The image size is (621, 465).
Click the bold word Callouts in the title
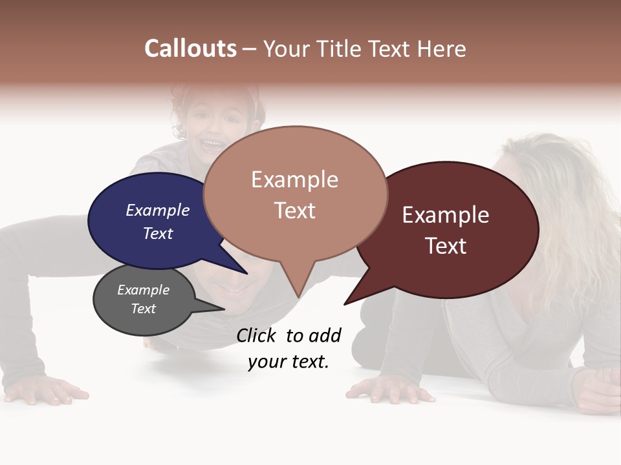tap(190, 48)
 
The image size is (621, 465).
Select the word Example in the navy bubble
tap(157, 210)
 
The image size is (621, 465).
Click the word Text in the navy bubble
tap(157, 233)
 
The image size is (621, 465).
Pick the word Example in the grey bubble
tap(143, 290)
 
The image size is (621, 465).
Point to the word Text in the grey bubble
tap(143, 309)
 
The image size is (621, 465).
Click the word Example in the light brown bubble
tap(294, 180)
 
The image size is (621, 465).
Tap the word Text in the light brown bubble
tap(294, 211)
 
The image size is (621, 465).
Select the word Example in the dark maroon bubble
tap(446, 215)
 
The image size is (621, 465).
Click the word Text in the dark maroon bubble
tap(446, 246)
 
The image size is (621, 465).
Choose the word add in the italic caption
tap(325, 335)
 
